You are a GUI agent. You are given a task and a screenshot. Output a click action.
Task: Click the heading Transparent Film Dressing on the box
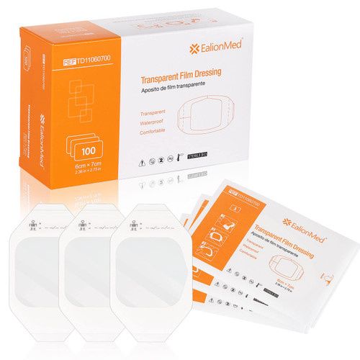click(x=180, y=83)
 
